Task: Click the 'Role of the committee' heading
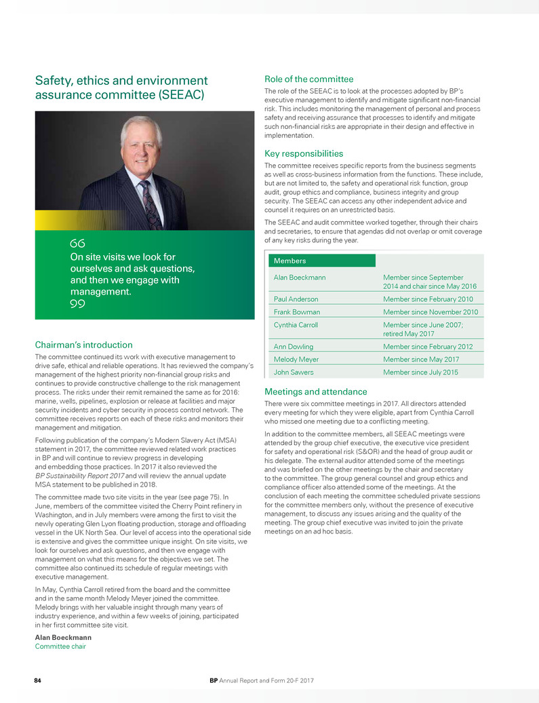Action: (308, 79)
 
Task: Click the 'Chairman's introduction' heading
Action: (83, 345)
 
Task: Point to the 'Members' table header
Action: (290, 261)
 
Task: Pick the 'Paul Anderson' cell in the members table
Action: (296, 299)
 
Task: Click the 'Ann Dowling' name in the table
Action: (293, 347)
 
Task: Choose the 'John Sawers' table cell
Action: (293, 373)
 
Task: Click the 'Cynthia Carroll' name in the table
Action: (296, 325)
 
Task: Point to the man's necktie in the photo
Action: (149, 204)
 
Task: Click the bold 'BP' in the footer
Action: (214, 680)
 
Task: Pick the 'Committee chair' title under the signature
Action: (60, 647)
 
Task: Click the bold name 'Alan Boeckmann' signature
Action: (63, 638)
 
